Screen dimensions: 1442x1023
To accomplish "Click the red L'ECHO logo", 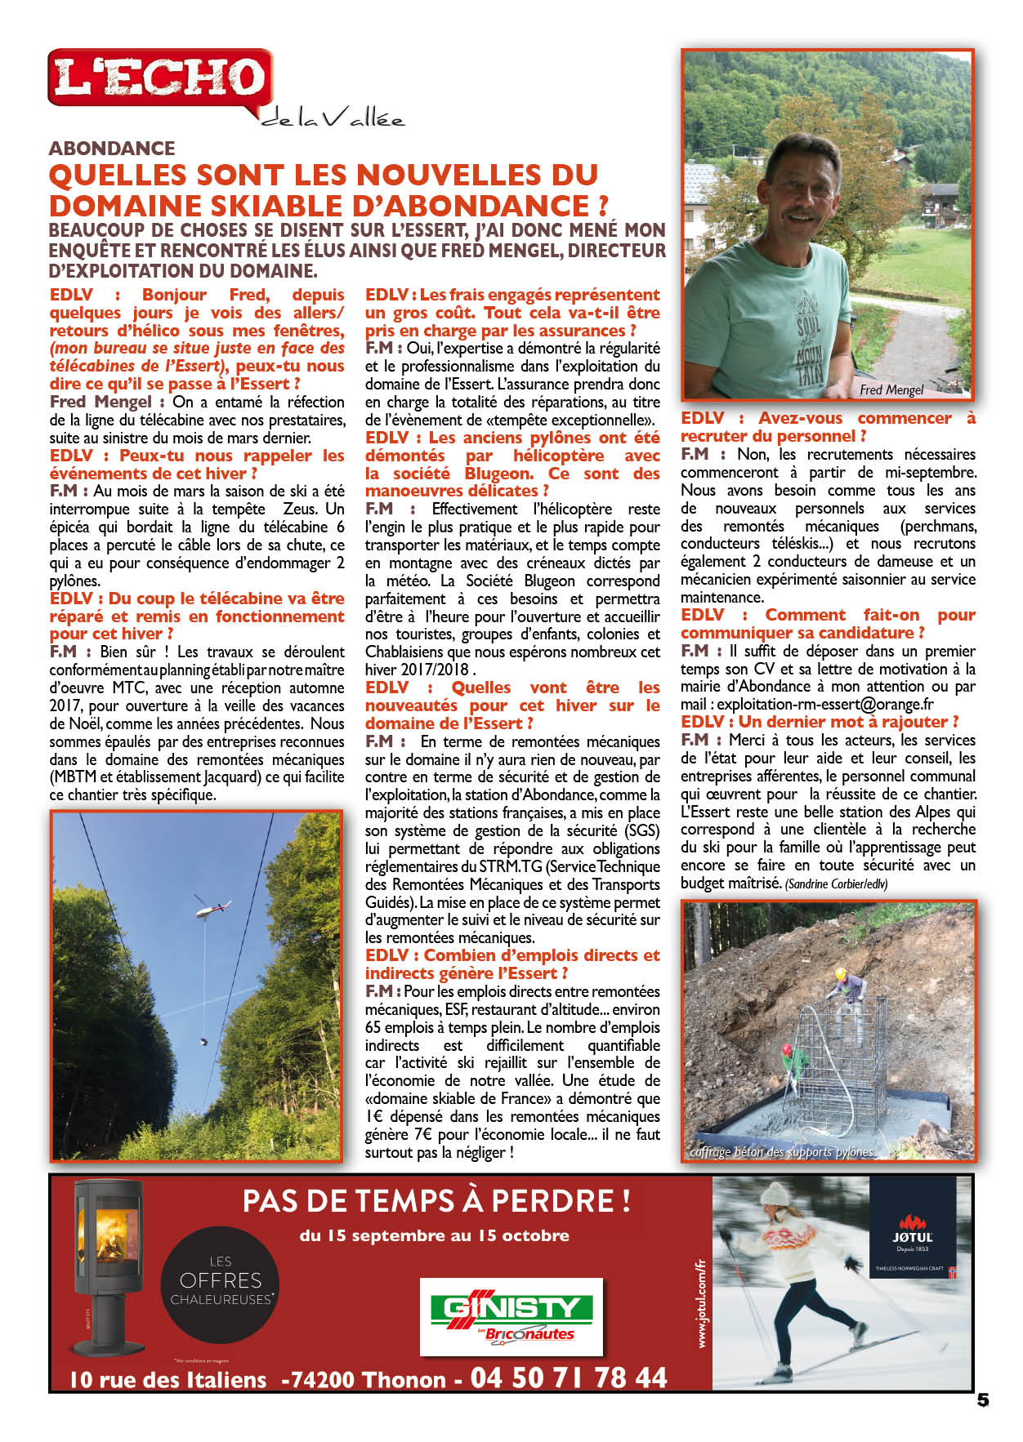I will tap(159, 79).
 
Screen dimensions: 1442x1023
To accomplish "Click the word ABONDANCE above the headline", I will tap(112, 148).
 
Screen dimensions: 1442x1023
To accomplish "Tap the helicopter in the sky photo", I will tap(212, 906).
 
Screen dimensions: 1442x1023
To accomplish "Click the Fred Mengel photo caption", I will tap(891, 389).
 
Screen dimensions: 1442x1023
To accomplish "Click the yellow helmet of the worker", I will tap(839, 973).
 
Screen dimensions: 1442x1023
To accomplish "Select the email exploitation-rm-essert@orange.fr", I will tap(825, 704).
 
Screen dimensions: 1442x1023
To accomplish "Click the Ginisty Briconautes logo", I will tap(511, 1316).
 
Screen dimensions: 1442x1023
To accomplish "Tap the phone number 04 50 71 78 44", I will tap(569, 1377).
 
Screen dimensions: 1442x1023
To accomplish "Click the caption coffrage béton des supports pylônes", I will tap(781, 1151).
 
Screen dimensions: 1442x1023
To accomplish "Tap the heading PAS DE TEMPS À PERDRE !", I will tap(436, 1200).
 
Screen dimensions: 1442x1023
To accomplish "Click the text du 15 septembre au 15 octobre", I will tap(434, 1235).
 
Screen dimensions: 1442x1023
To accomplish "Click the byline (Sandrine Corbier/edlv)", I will tap(835, 883).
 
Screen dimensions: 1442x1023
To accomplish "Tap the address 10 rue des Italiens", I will tap(168, 1380).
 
